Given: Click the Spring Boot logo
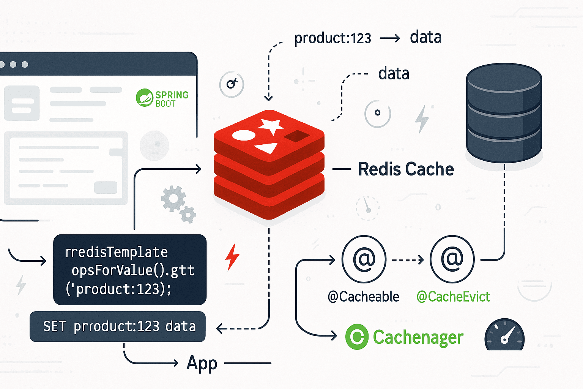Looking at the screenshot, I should pyautogui.click(x=162, y=98).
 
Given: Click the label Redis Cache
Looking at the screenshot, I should pyautogui.click(x=406, y=169).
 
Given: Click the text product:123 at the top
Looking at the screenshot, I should pyautogui.click(x=332, y=38).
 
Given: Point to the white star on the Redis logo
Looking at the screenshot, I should pyautogui.click(x=271, y=126).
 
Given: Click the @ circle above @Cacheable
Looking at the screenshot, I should pyautogui.click(x=364, y=259).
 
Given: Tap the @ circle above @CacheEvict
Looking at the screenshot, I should pyautogui.click(x=452, y=259).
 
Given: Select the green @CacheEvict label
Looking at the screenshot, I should pyautogui.click(x=453, y=297).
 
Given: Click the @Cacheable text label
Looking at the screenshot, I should pyautogui.click(x=363, y=297).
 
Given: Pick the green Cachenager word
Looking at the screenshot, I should pyautogui.click(x=418, y=337).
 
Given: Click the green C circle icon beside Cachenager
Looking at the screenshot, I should pyautogui.click(x=357, y=337).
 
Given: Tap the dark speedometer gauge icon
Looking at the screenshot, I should pyautogui.click(x=504, y=335).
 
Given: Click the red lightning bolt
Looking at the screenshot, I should pyautogui.click(x=232, y=257).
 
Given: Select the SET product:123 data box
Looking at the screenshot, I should pyautogui.click(x=118, y=327).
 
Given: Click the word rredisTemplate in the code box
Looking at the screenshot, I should pyautogui.click(x=116, y=252).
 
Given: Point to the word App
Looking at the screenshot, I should pyautogui.click(x=202, y=363).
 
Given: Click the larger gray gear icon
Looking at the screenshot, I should pyautogui.click(x=173, y=198).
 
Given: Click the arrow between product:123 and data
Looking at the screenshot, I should pyautogui.click(x=390, y=38).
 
